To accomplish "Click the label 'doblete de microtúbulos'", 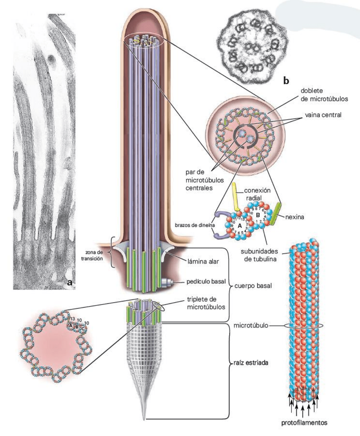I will pos(324,94).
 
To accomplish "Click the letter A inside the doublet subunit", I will pos(239,226).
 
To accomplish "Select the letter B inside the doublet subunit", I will pos(258,215).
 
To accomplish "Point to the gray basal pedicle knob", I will pos(167,283).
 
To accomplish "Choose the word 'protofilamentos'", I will pos(304,422).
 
